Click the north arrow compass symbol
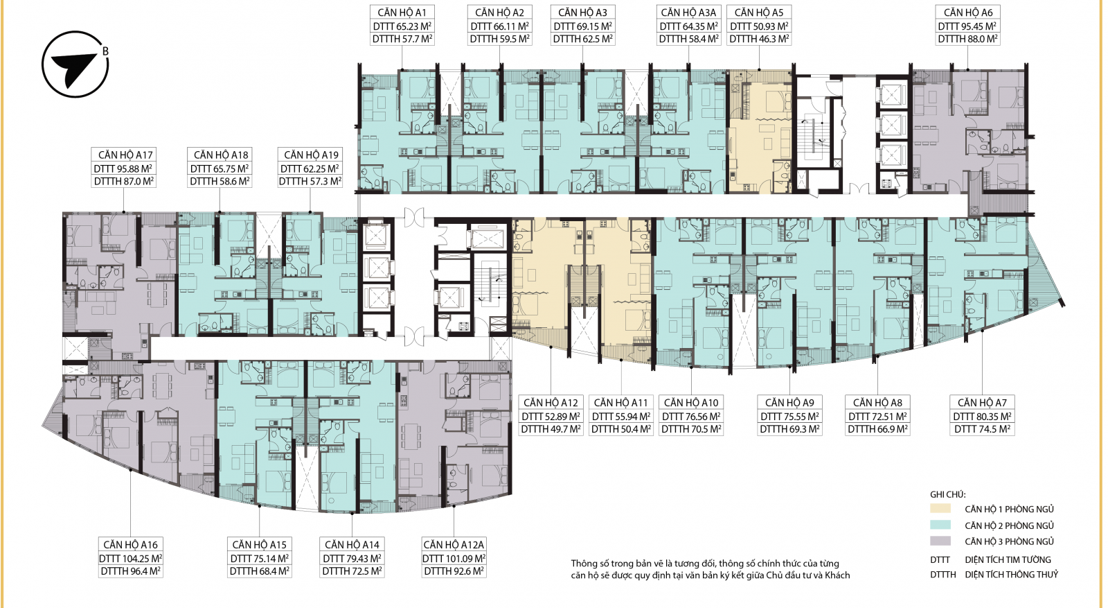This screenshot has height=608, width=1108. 75,64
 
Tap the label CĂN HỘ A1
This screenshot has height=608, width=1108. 402,12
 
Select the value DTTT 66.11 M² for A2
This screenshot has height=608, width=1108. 499,26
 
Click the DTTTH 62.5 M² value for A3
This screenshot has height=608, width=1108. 582,39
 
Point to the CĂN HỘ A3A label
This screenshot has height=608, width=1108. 688,12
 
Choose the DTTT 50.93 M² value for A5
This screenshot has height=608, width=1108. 759,26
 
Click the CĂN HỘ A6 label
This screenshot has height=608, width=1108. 968,12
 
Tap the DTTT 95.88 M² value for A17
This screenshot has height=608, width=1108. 123,169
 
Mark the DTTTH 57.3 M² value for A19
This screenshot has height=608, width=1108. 310,181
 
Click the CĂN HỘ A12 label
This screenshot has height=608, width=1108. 551,403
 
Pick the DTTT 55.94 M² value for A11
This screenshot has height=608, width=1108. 621,417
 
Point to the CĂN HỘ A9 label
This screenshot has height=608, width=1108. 789,403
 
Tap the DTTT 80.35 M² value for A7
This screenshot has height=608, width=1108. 983,417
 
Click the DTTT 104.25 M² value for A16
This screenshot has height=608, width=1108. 131,559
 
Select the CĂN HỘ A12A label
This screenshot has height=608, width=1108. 454,545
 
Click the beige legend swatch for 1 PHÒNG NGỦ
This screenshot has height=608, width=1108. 940,508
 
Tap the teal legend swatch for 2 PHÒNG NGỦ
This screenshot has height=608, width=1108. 940,525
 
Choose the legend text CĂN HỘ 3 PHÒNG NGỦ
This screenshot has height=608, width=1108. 1009,541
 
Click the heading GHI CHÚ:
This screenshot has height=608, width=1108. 948,494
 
